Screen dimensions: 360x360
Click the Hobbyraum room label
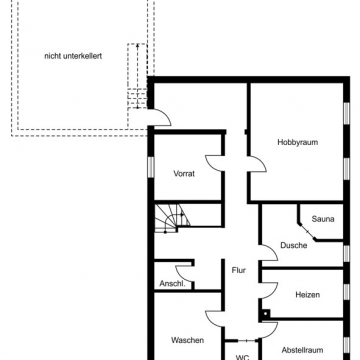297,142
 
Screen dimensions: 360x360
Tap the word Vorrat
184,173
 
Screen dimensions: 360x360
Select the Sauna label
323,218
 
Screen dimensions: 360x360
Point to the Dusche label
293,245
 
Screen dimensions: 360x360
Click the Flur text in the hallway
238,270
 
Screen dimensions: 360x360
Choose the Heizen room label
307,295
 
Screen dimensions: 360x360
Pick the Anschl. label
170,284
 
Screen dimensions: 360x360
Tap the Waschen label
187,340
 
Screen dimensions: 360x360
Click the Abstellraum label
302,350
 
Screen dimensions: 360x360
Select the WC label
242,356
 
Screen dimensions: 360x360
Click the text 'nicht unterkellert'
73,56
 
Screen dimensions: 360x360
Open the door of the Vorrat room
215,164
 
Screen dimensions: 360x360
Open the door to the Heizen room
267,290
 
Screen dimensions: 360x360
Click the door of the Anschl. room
183,273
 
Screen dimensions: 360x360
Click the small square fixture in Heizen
267,326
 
